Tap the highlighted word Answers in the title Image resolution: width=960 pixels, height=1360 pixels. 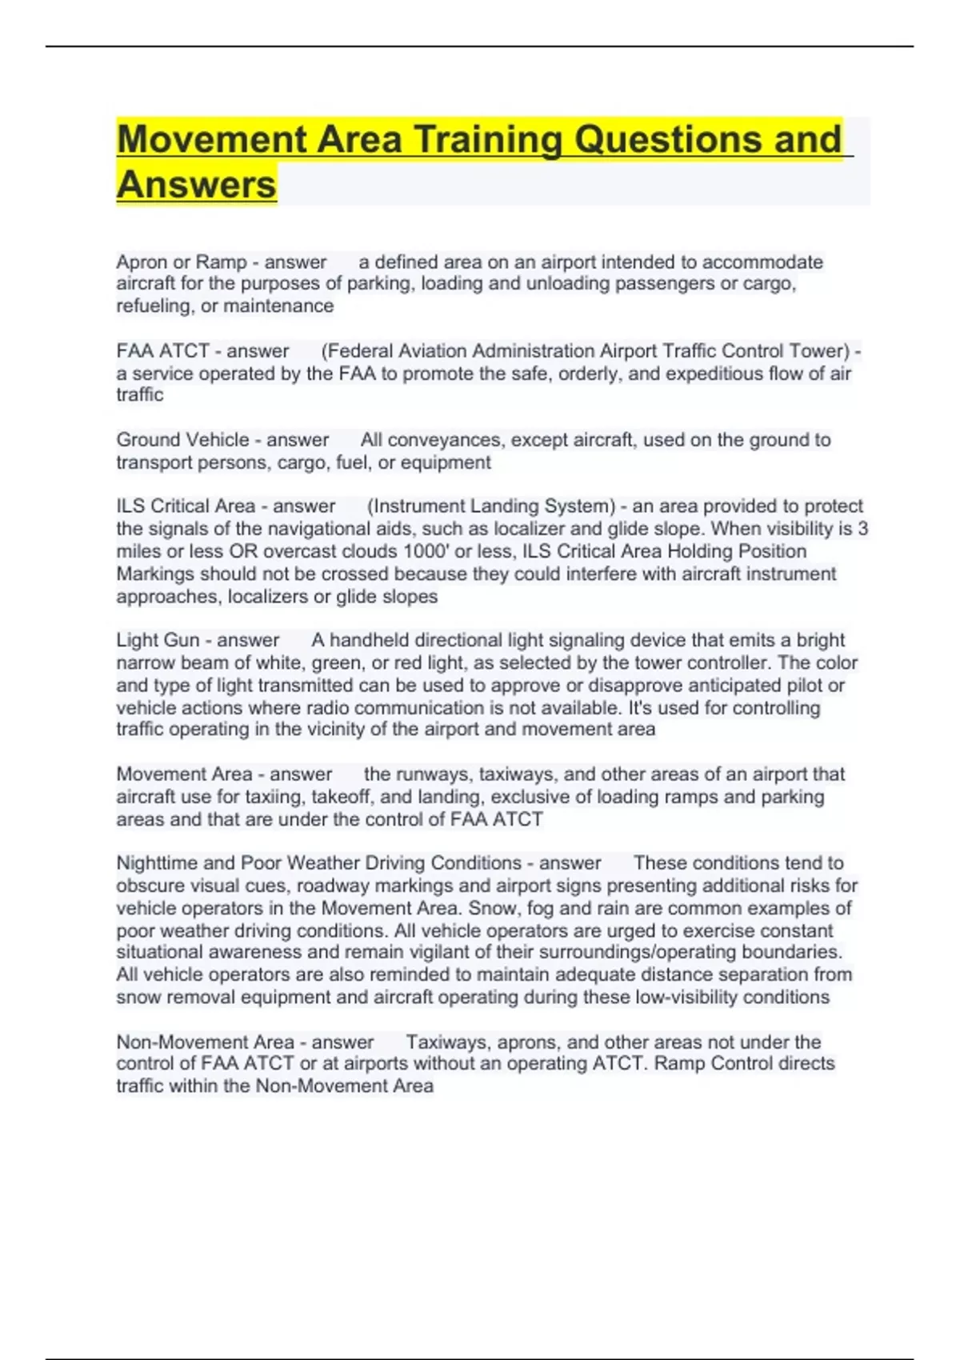click(197, 185)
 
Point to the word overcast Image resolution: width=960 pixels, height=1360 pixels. click(301, 551)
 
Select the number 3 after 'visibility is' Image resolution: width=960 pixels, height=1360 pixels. click(862, 529)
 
